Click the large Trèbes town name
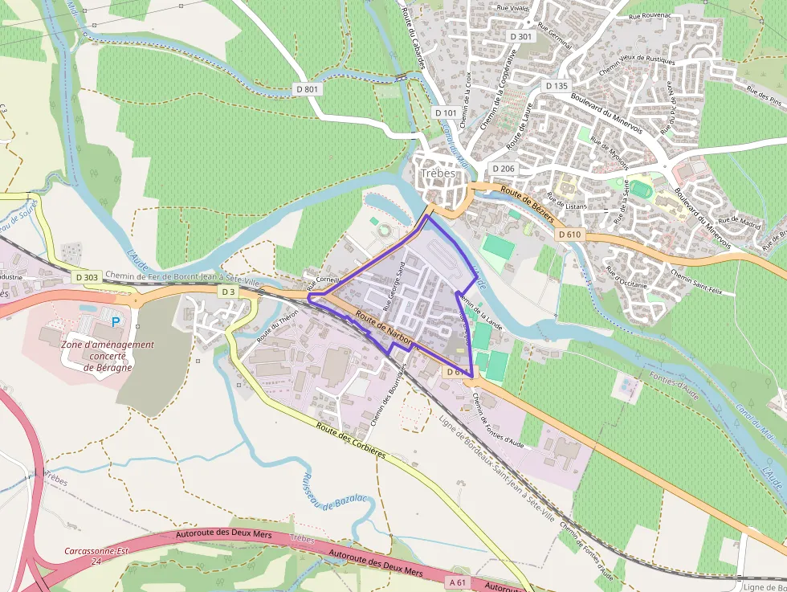coord(438,174)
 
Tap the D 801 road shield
coord(307,89)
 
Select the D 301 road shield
coord(521,37)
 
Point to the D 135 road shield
coord(557,86)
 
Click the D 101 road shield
coord(446,113)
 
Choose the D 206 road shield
coord(503,168)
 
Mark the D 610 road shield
coord(569,234)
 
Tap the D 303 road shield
coord(87,277)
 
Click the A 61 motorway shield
coord(458,582)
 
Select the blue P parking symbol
coord(115,321)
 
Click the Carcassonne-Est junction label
coord(96,557)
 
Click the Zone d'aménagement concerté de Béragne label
coord(107,356)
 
